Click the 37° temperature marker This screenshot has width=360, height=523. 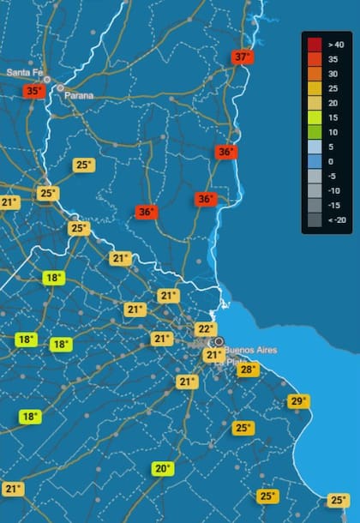tap(243, 57)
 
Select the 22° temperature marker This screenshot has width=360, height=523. tap(205, 329)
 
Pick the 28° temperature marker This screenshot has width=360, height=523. tap(247, 370)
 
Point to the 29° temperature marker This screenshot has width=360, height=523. tap(298, 401)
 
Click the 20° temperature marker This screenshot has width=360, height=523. tap(163, 469)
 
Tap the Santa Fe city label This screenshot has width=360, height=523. tap(24, 73)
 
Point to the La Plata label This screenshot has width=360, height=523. tap(226, 361)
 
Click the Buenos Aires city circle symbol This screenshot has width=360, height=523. tap(219, 341)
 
